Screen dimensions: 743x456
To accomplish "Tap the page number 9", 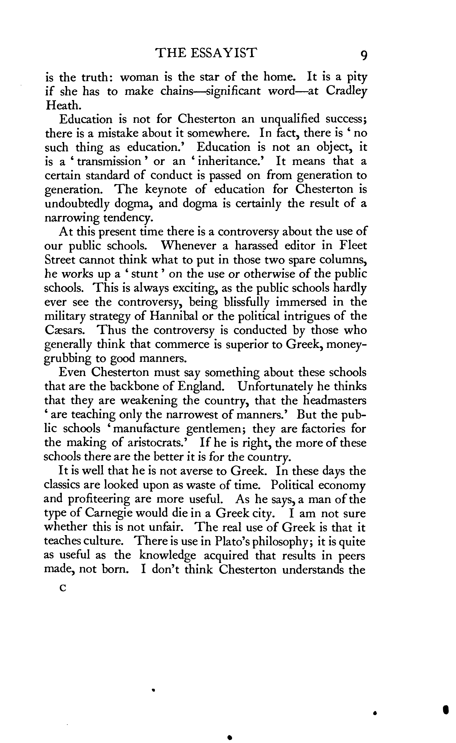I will [x=364, y=55].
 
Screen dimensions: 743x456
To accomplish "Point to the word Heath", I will [x=63, y=105].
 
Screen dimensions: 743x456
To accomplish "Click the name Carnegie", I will [x=115, y=513].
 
